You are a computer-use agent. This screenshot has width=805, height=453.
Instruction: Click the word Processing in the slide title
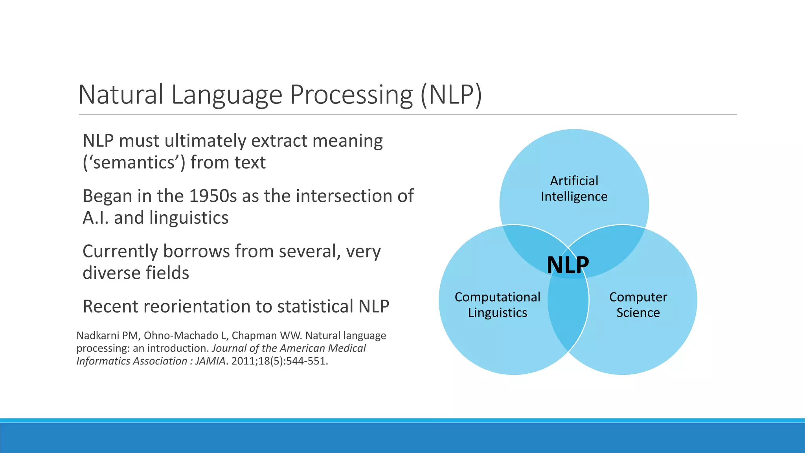pyautogui.click(x=351, y=95)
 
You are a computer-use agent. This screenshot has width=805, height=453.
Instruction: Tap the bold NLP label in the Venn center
pyautogui.click(x=568, y=265)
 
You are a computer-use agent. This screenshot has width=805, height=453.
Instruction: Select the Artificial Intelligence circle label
pyautogui.click(x=574, y=188)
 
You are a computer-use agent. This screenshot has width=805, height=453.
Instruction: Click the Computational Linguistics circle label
pyautogui.click(x=497, y=304)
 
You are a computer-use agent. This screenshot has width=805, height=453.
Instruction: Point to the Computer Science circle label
pyautogui.click(x=638, y=304)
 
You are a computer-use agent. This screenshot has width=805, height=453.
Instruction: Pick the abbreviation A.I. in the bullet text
pyautogui.click(x=96, y=218)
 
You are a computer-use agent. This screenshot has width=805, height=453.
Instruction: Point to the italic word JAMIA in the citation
pyautogui.click(x=210, y=361)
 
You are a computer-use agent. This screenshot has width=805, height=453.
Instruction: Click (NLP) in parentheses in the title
pyautogui.click(x=451, y=95)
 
